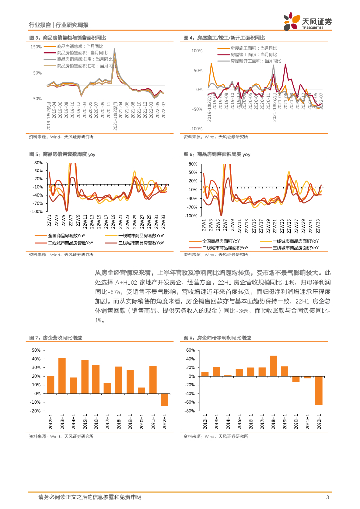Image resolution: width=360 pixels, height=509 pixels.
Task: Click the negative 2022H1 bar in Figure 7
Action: click(164, 400)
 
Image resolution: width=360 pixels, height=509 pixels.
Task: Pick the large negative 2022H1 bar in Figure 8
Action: click(319, 391)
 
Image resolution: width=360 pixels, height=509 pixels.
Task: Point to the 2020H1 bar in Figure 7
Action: click(141, 391)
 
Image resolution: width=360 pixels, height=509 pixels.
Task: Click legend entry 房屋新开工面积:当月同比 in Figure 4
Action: click(256, 61)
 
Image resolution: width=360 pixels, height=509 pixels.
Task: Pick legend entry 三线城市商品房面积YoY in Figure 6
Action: click(296, 247)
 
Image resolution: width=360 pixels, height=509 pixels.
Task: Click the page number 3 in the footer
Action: click(327, 497)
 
